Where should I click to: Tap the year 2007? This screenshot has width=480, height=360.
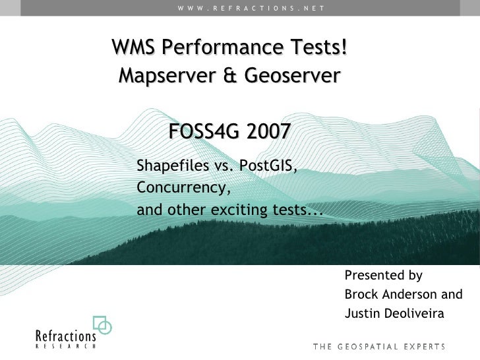pos(267,132)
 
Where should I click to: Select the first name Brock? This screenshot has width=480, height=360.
pos(361,295)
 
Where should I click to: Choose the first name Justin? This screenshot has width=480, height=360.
pos(361,313)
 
